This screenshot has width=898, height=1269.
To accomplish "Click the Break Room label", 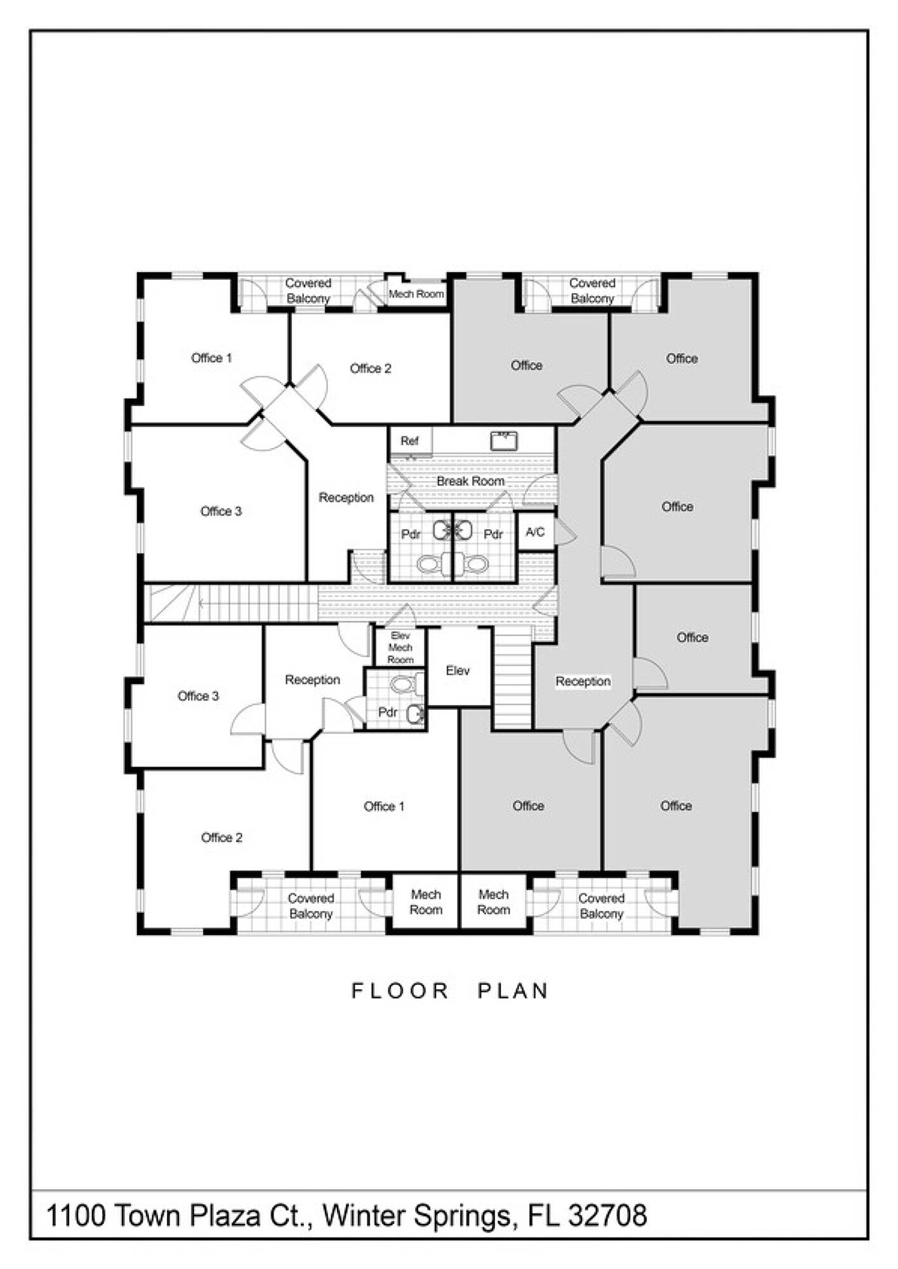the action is coord(470,481).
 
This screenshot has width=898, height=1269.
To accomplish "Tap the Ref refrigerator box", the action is coord(411,440).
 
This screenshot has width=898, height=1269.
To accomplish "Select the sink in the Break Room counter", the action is coord(504,440).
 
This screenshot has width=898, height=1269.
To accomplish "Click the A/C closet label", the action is coord(535,532).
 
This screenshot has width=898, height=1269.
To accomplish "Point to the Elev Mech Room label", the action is coord(400,647).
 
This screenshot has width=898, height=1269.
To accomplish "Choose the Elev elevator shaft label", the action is coord(458,671).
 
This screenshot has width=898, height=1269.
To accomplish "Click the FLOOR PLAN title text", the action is coord(450,990).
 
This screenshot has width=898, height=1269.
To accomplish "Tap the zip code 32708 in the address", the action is coord(607,1216).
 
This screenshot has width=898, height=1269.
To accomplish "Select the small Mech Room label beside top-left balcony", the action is coord(416,294).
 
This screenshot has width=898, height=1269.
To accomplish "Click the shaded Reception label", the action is coord(583,681).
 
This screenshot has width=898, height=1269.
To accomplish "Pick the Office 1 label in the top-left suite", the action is coord(211,358).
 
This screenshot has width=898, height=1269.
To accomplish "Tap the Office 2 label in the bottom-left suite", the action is coord(221,838).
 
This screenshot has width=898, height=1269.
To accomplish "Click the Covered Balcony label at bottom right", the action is coord(602,906).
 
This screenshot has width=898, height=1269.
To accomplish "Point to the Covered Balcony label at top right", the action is coord(592,291).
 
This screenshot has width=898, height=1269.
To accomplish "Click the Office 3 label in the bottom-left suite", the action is coord(198,696).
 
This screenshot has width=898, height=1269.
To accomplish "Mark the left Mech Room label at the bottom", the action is coord(425,902).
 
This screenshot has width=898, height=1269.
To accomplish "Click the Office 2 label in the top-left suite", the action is coord(371,368).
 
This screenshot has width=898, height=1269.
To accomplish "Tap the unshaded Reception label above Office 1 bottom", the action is coord(312,680).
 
